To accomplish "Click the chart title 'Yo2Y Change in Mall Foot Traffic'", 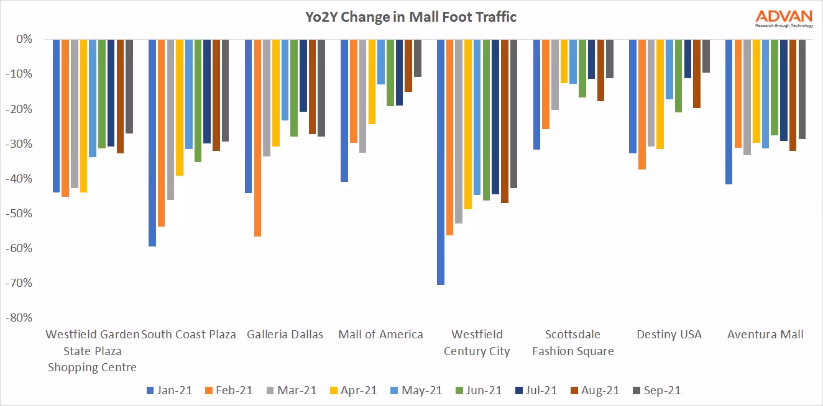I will coord(411,17).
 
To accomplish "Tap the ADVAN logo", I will coord(783,19).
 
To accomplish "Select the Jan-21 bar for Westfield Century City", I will coord(441,162).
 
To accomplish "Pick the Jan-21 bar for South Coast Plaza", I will coord(152,143).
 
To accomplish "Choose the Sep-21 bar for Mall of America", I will coord(418,58).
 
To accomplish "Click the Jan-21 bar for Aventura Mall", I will coord(729,112).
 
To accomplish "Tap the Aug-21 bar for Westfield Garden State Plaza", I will coord(120,96).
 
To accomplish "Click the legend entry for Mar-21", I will coord(293,390).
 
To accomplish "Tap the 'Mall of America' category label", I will coord(380,335).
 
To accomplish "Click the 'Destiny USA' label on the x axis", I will coord(669,335).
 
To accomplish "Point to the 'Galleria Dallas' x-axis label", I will coord(285,335).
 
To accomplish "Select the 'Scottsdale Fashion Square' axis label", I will coord(572,343).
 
